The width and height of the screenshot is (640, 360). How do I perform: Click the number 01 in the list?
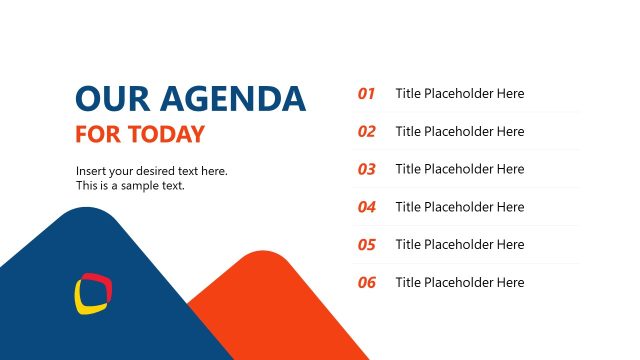point(367,94)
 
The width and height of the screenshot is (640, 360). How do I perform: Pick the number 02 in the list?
point(367,132)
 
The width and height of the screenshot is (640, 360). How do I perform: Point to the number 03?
point(367,170)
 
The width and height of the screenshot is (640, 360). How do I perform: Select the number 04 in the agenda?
point(367,208)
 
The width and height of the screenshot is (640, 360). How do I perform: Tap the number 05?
point(367,245)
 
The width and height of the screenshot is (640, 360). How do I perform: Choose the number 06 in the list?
point(367,283)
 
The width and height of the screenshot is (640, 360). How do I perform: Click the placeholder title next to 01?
point(460,94)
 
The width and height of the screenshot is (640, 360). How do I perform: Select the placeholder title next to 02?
point(460,132)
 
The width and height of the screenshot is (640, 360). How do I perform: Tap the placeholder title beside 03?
point(460,169)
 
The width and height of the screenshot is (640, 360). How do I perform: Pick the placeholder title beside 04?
point(460,207)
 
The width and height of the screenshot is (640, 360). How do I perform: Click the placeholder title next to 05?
point(460,245)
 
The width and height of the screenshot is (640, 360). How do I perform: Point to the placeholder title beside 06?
point(460,283)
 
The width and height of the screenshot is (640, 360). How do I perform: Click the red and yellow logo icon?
point(92,293)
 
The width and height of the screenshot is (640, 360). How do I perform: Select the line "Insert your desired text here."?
point(151,171)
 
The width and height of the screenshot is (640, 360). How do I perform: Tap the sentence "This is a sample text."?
point(130,185)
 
